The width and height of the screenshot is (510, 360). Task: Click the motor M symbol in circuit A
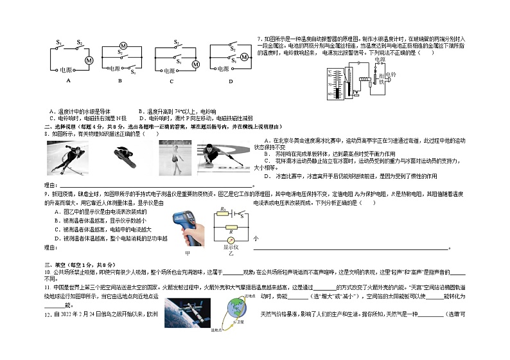pyautogui.click(x=90, y=60)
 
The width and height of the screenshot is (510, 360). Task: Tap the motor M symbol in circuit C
pyautogui.click(x=197, y=64)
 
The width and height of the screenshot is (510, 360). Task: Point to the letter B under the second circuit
pyautogui.click(x=119, y=81)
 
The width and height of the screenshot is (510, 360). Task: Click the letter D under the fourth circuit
pyautogui.click(x=231, y=81)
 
